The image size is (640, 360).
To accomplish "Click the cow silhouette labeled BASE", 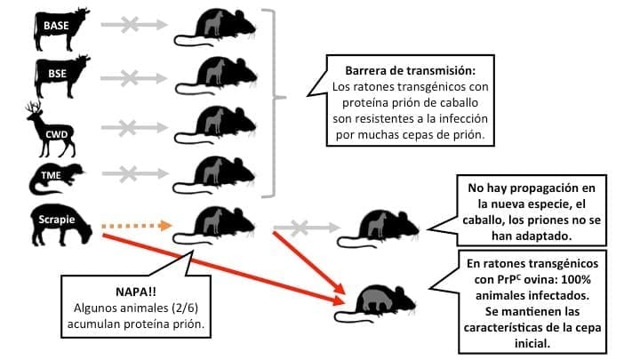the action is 61,28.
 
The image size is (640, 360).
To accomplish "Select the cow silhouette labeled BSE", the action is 61,76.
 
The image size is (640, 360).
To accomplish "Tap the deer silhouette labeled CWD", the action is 51,130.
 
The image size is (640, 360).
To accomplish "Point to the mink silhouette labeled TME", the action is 56,179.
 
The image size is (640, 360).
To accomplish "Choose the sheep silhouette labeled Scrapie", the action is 61,225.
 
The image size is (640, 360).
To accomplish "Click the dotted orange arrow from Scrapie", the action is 137,225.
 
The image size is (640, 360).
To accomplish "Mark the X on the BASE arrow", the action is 130,25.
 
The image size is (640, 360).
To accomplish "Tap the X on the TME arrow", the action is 128,174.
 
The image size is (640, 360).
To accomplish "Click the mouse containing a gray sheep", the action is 375,303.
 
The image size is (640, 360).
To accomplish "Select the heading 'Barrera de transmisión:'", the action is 410,70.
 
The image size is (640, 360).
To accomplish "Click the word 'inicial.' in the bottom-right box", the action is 532,343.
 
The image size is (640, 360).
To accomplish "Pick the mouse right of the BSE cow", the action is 216,76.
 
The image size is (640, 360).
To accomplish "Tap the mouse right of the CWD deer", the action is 215,125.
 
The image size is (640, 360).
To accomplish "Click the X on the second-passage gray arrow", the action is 300,228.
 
